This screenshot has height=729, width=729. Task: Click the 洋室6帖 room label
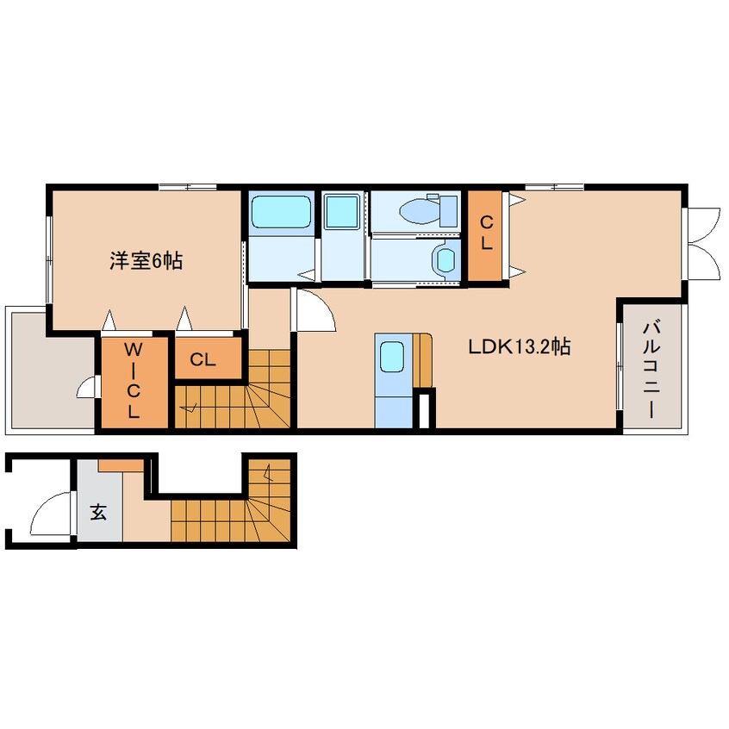coord(146,261)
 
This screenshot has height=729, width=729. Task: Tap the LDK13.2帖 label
coord(520,346)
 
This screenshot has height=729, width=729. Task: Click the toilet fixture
coord(428,210)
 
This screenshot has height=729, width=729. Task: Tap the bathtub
coord(281,211)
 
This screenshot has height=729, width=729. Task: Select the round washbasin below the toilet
coord(445,259)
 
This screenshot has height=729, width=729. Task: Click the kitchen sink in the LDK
coord(392,357)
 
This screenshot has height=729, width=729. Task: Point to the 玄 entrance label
coord(98,513)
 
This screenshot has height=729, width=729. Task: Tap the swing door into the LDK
coord(314,309)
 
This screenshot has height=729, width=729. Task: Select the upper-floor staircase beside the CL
coord(233,389)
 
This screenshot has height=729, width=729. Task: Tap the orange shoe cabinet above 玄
coord(121,465)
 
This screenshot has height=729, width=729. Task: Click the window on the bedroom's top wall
coord(187,187)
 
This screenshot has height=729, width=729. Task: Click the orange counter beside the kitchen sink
coord(422,360)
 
